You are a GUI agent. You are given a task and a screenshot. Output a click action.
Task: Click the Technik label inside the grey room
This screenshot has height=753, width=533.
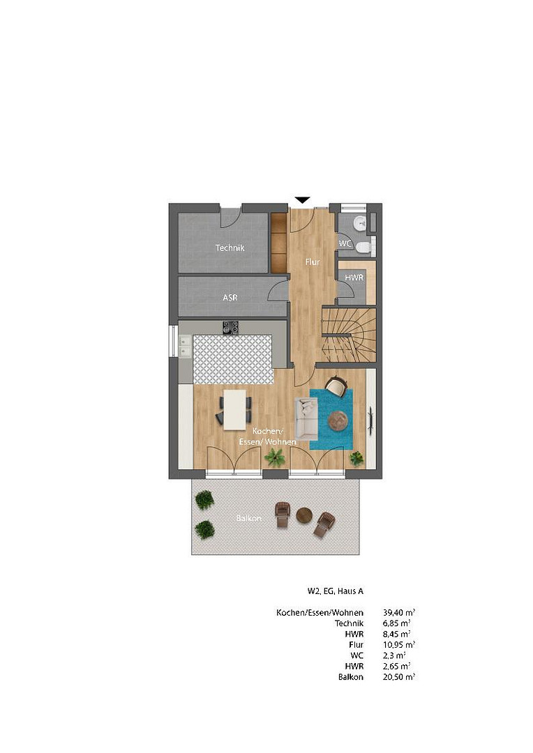(x=230, y=248)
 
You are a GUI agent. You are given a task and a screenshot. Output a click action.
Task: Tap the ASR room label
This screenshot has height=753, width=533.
(x=230, y=298)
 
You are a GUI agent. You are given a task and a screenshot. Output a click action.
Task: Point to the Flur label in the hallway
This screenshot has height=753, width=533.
(x=313, y=261)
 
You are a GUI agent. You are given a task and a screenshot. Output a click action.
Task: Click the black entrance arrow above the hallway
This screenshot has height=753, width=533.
(x=302, y=200)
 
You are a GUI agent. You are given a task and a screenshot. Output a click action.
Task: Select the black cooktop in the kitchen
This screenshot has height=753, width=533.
(x=230, y=328)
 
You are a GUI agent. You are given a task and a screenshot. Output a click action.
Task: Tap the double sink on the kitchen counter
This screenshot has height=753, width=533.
(x=185, y=347)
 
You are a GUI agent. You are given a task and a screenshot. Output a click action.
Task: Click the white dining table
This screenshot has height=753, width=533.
(x=234, y=409)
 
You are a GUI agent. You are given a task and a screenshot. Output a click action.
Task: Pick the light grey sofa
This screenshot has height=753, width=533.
(x=306, y=419)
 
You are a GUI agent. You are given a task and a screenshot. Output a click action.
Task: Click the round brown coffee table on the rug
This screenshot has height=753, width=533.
(x=340, y=420)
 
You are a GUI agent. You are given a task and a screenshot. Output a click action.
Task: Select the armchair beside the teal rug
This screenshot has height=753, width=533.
(x=336, y=386)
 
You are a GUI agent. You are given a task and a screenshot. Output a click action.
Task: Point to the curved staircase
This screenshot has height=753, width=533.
(x=348, y=334)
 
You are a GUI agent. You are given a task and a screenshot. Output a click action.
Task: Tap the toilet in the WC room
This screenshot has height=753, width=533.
(x=365, y=248)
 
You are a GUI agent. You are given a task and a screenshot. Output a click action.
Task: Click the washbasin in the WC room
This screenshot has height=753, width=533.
(x=361, y=222)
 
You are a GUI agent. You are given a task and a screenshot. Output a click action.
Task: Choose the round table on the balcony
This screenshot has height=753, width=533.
(x=303, y=515)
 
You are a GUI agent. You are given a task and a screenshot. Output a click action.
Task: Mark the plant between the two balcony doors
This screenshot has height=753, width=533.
(x=275, y=457)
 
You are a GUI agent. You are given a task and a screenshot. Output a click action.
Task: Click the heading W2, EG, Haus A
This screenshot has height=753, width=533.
(x=336, y=591)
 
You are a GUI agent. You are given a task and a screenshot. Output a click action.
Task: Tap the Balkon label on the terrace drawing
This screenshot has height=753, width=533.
(x=249, y=518)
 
